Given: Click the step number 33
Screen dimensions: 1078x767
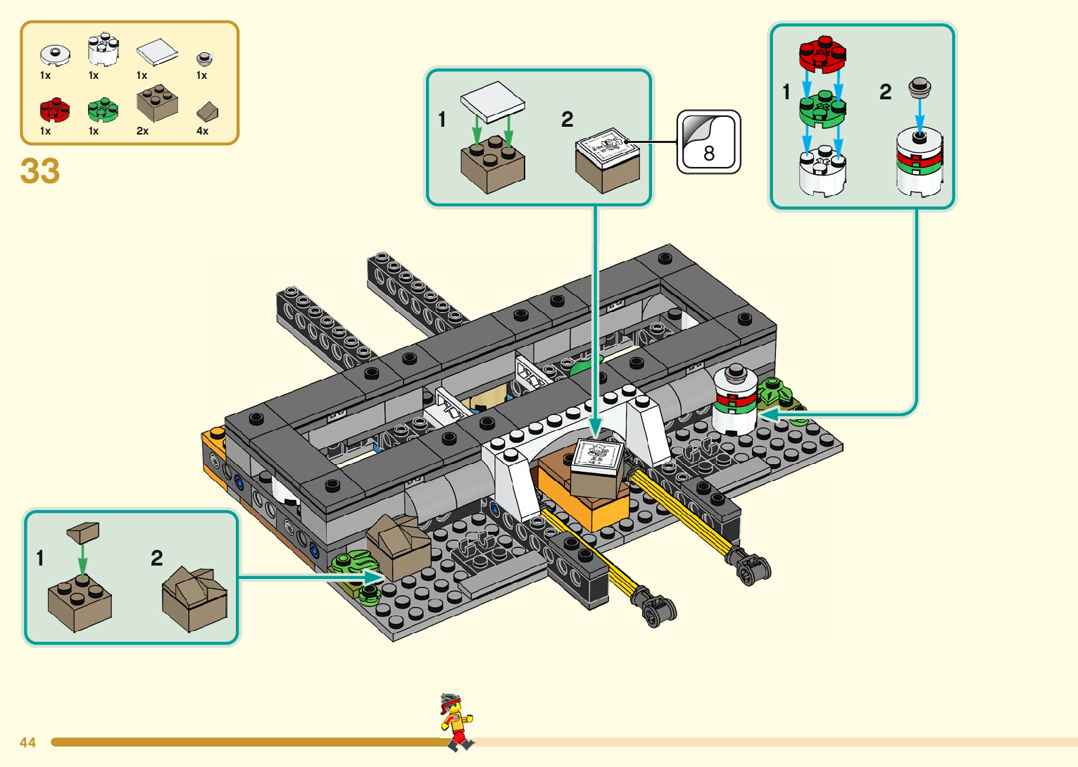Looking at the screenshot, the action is [x=40, y=171].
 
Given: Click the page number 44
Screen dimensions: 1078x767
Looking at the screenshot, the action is [x=28, y=742].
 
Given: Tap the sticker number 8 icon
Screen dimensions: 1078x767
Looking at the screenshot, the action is [x=708, y=142].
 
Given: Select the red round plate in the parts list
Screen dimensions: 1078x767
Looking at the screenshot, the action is [x=54, y=110].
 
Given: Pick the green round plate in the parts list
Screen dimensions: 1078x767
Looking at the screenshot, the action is [x=103, y=110].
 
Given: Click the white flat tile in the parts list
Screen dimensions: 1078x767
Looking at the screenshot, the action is [x=156, y=52].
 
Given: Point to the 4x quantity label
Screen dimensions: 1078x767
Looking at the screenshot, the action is [x=202, y=131].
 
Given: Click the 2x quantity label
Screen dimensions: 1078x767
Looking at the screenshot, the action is [x=142, y=131].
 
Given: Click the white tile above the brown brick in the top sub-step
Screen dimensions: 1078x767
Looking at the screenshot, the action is [x=493, y=99].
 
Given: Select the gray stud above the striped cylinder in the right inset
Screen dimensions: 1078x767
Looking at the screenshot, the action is [x=919, y=88].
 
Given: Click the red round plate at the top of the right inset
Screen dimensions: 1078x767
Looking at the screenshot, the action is [x=822, y=54].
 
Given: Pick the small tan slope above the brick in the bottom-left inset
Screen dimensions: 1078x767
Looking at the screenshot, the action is [x=83, y=531].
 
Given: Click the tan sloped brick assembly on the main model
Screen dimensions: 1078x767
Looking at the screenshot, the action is [x=399, y=546].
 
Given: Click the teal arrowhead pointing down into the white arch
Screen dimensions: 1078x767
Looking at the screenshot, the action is [x=596, y=427].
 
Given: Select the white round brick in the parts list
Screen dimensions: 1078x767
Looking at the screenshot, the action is [x=103, y=49].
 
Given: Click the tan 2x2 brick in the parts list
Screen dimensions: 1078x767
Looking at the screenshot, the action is [x=156, y=104].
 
